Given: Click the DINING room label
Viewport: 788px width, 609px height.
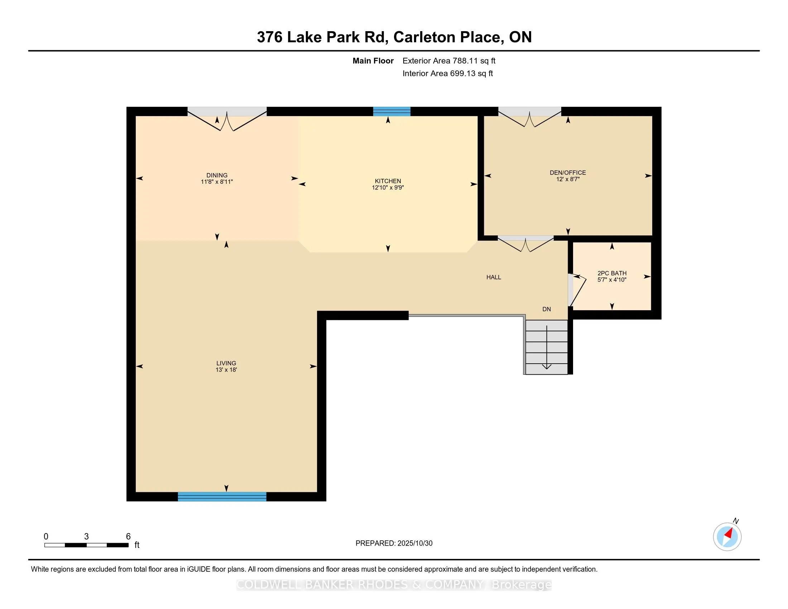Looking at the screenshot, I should (x=217, y=175).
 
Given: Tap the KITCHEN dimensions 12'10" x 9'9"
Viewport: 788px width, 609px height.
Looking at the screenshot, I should (x=388, y=188).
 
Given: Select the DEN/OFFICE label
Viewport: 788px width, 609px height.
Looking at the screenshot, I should (x=568, y=172).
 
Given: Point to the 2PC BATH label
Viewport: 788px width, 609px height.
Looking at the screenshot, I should (x=611, y=273).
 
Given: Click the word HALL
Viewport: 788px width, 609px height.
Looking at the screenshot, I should (x=494, y=277).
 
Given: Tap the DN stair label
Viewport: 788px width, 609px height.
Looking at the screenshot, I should (x=547, y=309).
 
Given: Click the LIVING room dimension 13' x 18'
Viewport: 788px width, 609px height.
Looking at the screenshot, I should (x=226, y=370).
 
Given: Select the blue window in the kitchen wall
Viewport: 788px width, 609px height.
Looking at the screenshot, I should (x=392, y=111).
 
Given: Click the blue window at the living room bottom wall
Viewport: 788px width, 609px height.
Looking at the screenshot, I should (x=222, y=497).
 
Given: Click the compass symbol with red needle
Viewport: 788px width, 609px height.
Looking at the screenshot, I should (x=727, y=537).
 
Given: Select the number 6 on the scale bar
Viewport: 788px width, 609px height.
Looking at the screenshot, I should (x=128, y=537).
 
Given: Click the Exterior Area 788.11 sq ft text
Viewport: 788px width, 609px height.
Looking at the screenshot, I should (x=449, y=61).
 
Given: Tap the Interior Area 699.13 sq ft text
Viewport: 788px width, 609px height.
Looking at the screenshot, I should (x=447, y=73).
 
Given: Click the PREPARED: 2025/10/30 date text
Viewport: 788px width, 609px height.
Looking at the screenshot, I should (x=394, y=543).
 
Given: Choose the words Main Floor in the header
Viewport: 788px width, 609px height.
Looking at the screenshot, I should (x=373, y=61).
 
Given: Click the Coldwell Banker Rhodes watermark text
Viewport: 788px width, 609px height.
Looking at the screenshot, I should (x=394, y=585).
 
